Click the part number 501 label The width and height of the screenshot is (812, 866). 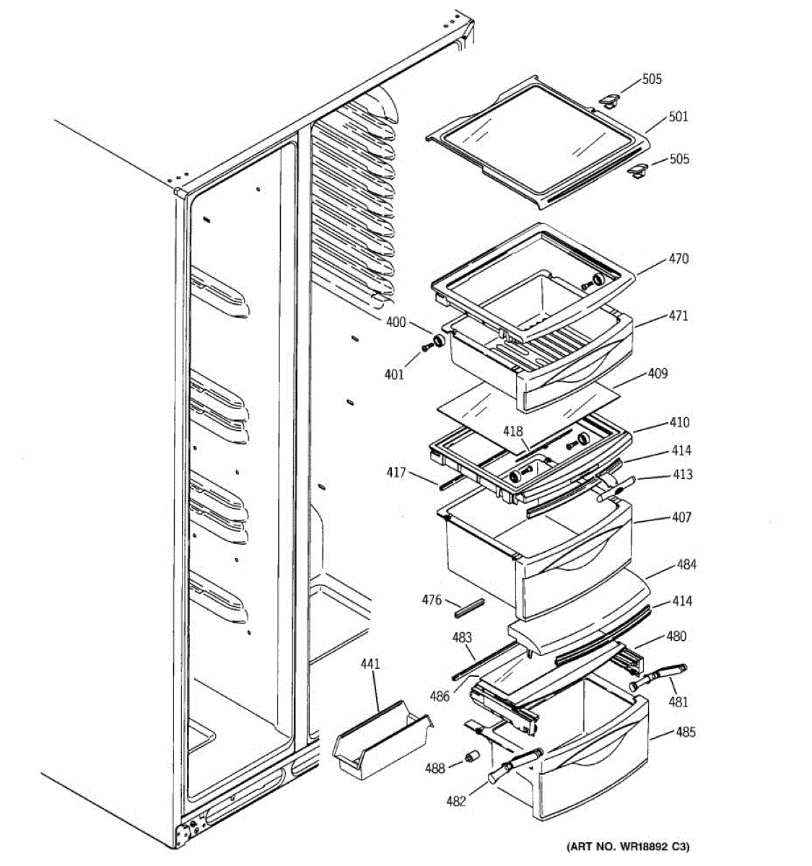point(678,116)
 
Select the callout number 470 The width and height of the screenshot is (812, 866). point(678,259)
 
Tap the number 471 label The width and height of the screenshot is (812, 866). point(678,315)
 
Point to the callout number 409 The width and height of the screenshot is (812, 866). point(658,374)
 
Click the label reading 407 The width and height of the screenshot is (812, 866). point(681,517)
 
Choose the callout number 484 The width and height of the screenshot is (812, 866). point(686,564)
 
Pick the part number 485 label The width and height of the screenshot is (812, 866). point(685,732)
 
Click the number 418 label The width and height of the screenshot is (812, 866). point(513,432)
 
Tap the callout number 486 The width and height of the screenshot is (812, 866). point(440,696)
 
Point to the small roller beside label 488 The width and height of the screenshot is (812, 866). point(473,757)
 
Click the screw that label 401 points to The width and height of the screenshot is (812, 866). point(427,349)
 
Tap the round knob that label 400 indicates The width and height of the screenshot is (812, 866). point(439,341)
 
